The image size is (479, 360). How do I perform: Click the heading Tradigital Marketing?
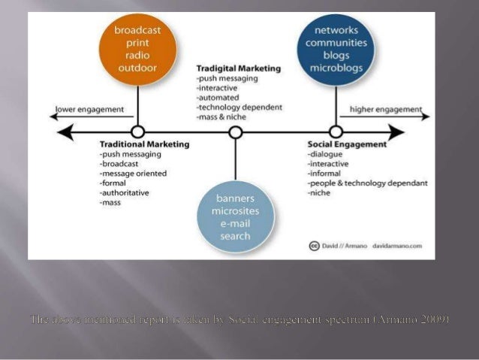click(x=238, y=68)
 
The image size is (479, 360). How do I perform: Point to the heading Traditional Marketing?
click(x=144, y=144)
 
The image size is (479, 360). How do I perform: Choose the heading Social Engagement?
click(x=347, y=144)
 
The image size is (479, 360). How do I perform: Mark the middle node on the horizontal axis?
click(x=236, y=132)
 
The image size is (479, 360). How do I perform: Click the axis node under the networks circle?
click(x=336, y=132)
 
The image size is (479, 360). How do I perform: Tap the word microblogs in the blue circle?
click(x=336, y=69)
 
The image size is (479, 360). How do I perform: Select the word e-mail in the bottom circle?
click(x=236, y=223)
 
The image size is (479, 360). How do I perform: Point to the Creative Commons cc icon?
click(x=315, y=246)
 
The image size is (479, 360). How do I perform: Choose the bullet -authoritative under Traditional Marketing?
click(x=124, y=192)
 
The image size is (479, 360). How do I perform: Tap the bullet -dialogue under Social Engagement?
click(x=327, y=153)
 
